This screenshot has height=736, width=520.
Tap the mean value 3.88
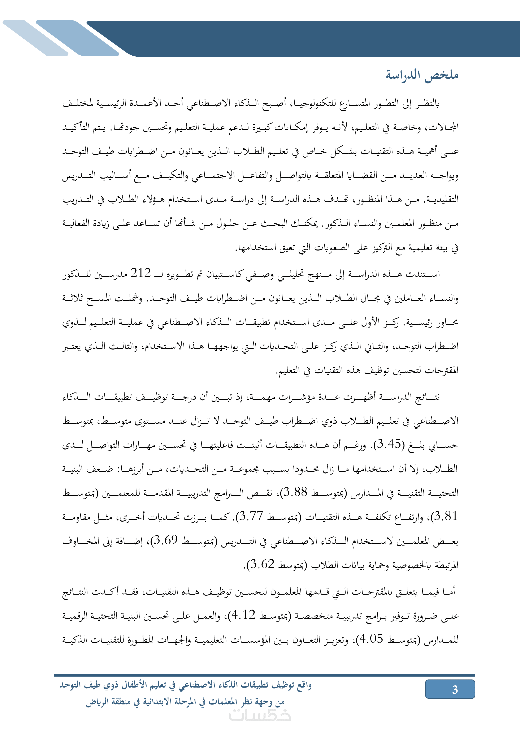point(295,492)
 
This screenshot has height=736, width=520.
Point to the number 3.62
point(262,564)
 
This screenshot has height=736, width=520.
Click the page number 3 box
point(450,689)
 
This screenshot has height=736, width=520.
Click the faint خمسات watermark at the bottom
point(260,715)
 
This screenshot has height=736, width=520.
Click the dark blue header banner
point(304,38)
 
